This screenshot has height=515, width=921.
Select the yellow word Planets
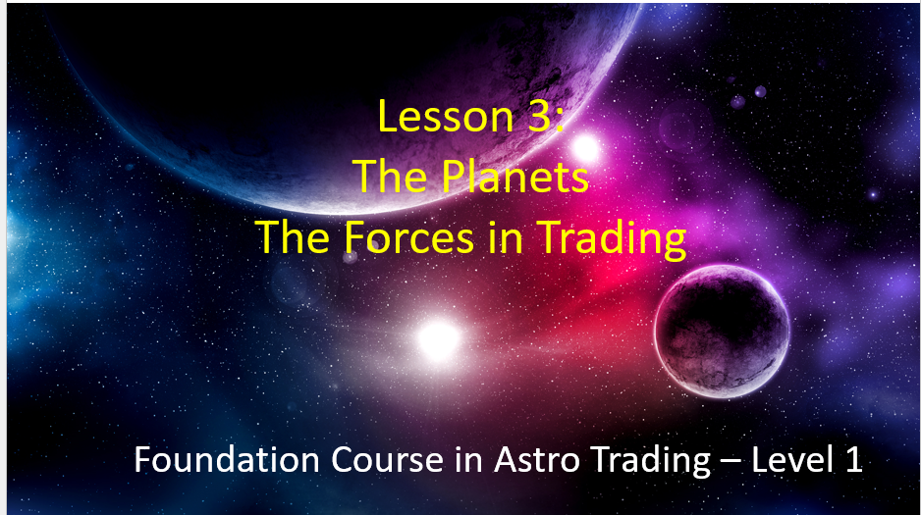coord(515,176)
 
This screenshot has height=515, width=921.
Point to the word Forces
coord(408,237)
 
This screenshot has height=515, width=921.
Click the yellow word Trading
coord(612,238)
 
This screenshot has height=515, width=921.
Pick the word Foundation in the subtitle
coord(227,459)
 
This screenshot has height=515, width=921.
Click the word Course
coord(387,459)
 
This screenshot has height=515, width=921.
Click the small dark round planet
coord(722,332)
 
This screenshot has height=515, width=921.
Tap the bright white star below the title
coord(438,339)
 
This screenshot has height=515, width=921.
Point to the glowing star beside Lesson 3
coord(585,148)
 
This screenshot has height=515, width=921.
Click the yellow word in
coord(505,238)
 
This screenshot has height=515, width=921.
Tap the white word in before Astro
coord(468,460)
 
